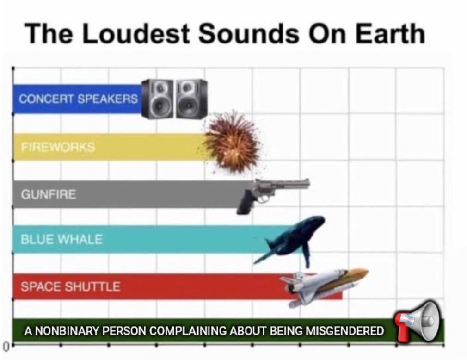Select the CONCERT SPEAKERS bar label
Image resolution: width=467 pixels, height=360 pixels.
pos(78,99)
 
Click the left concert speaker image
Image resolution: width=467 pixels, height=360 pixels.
pos(157,99)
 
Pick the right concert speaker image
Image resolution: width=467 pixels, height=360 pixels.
pos(191,99)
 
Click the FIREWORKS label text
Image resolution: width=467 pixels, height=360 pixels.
pos(58,147)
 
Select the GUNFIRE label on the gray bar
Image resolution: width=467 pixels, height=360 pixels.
pos(49,194)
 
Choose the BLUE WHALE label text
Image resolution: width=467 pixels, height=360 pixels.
pos(61,239)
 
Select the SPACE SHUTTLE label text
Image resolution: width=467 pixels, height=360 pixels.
pos(71,287)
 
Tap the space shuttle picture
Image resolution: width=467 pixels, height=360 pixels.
pos(324,286)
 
